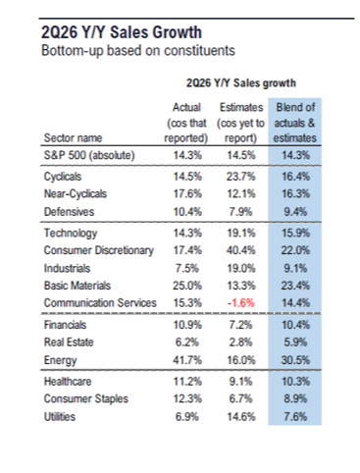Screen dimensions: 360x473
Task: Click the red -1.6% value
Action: [x=240, y=303]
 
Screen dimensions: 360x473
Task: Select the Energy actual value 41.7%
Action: [x=187, y=360]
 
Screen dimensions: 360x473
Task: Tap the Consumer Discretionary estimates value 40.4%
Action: [x=240, y=250]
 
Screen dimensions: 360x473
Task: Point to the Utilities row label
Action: [x=60, y=417]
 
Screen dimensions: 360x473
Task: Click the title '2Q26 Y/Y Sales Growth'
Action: [x=122, y=32]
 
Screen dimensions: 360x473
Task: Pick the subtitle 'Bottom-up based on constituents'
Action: [x=138, y=51]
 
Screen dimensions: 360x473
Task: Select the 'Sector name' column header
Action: [x=73, y=138]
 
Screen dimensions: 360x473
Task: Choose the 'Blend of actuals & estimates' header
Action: [x=295, y=123]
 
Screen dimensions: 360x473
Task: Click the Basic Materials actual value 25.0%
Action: [x=187, y=286]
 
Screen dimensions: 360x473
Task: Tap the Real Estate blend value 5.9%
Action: [x=295, y=342]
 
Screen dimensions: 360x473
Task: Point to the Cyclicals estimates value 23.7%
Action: [x=240, y=177]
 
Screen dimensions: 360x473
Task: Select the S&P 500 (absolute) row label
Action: [x=89, y=155]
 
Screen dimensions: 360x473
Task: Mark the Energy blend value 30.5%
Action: [x=295, y=360]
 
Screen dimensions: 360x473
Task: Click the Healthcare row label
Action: [x=68, y=382]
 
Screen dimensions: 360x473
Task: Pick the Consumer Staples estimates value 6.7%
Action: [x=240, y=398]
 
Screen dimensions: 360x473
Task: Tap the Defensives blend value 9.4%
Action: [x=295, y=212]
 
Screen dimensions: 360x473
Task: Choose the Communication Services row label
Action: [x=100, y=303]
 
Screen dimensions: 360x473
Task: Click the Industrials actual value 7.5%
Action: [x=187, y=268]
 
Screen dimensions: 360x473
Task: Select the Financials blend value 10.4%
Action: [x=295, y=325]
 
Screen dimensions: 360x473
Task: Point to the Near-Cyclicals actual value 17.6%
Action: [x=187, y=193]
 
